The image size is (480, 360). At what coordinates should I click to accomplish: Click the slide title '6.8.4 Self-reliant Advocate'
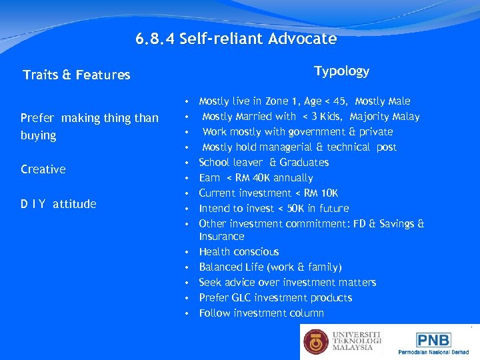[x=236, y=39]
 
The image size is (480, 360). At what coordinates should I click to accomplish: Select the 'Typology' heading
[x=341, y=71]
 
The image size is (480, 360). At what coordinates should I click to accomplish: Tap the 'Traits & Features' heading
[x=77, y=75]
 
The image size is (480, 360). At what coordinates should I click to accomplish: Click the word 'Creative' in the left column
[x=43, y=169]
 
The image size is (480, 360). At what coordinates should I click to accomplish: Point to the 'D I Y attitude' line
[x=59, y=204]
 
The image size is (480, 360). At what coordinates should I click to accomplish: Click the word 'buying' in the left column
[x=39, y=135]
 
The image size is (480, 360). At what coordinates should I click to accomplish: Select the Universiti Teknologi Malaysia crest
[x=316, y=342]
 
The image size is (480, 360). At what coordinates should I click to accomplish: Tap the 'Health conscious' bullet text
[x=239, y=251]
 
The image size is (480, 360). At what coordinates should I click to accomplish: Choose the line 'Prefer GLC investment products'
[x=275, y=297]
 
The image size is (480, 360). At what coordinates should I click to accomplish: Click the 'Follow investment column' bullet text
[x=261, y=313]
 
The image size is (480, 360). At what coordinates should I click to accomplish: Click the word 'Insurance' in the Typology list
[x=221, y=237]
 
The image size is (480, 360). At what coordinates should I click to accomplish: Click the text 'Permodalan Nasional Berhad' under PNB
[x=433, y=351]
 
